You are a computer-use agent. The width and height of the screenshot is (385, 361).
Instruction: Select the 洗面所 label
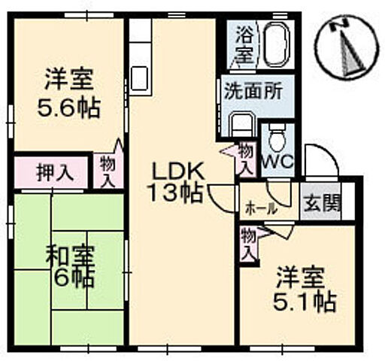coord(252,89)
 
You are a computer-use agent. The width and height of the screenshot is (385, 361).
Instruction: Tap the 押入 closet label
coord(55,172)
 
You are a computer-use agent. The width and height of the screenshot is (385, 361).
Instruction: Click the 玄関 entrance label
coord(321,203)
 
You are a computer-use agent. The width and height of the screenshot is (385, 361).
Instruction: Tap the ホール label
coord(258,207)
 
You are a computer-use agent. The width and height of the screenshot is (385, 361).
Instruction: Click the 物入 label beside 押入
coord(108,171)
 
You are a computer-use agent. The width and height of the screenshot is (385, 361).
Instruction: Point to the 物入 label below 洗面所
coord(246,157)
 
